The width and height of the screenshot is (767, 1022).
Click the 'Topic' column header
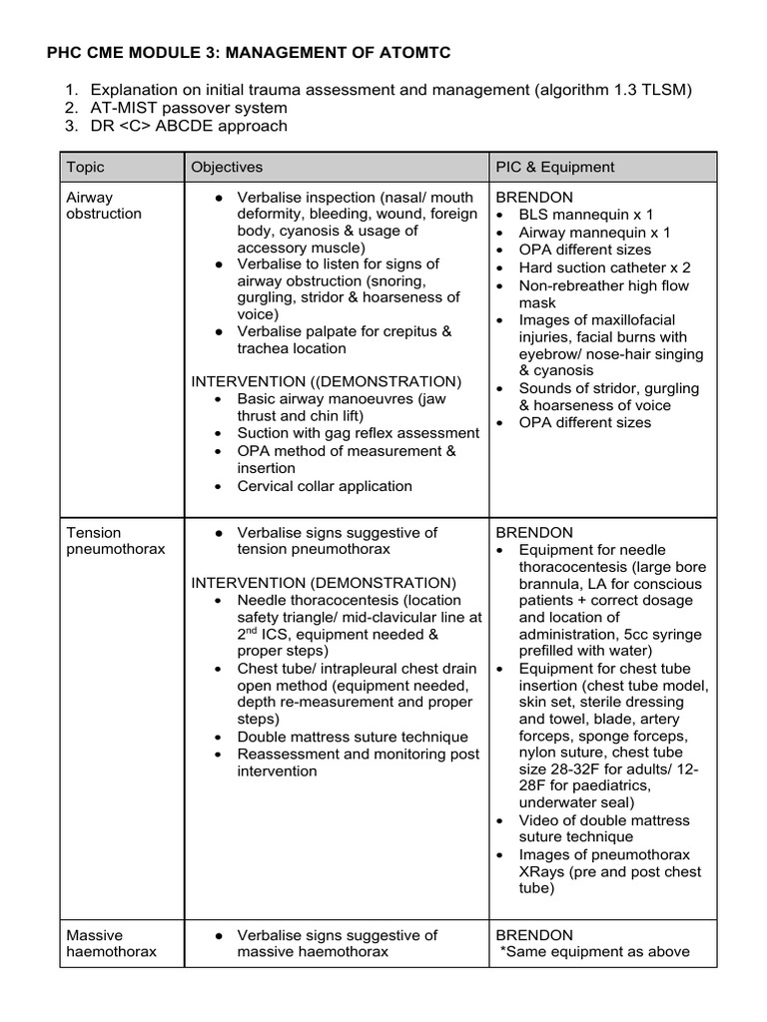click(x=85, y=167)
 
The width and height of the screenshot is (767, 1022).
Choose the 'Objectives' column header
click(x=227, y=167)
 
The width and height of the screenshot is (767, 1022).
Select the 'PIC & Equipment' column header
click(x=555, y=167)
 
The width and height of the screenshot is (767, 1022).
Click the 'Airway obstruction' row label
click(x=104, y=206)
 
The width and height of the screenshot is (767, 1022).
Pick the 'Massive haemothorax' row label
click(x=111, y=943)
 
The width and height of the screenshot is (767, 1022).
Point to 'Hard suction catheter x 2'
click(x=604, y=267)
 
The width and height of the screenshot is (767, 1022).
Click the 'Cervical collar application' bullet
click(x=325, y=486)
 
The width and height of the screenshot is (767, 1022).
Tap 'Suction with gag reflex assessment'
click(x=358, y=433)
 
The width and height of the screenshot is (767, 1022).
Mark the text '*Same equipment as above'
click(x=595, y=951)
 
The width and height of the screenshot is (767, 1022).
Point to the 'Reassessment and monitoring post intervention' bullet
click(x=358, y=763)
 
